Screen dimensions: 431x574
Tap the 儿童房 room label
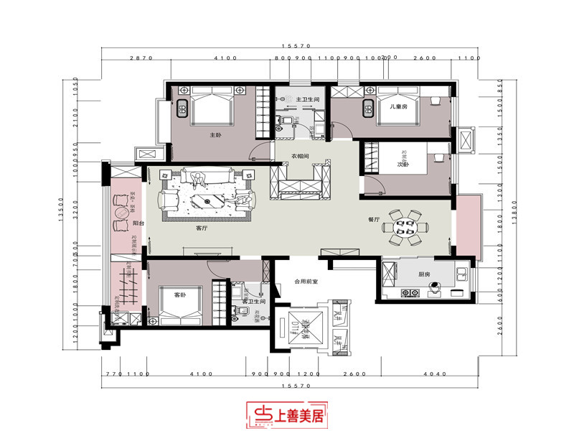(x=399, y=106)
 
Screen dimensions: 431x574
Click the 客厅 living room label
(x=202, y=228)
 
